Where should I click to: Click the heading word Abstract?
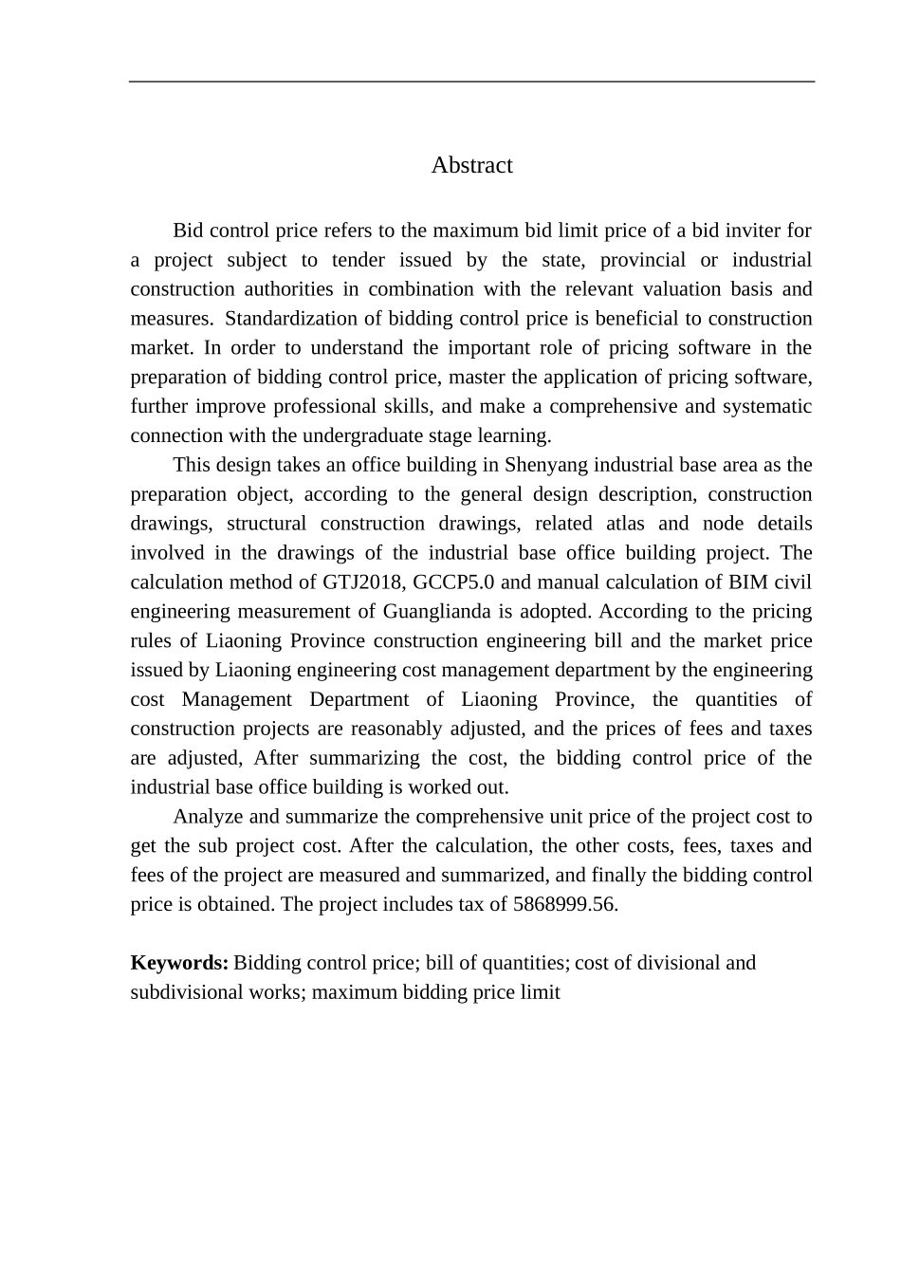(471, 165)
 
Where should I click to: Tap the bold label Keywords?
(179, 963)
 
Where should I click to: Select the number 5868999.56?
(565, 904)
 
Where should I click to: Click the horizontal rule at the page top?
(471, 82)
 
